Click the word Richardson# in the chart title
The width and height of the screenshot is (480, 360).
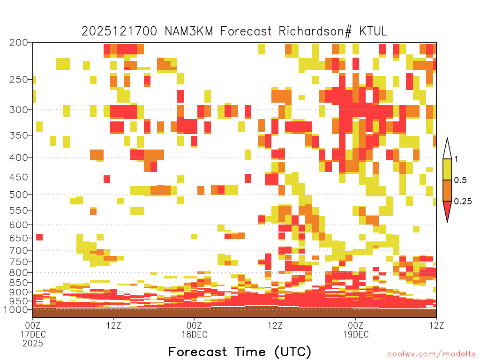pyautogui.click(x=315, y=31)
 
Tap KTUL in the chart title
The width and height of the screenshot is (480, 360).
pyautogui.click(x=373, y=31)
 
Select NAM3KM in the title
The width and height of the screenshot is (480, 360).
pyautogui.click(x=189, y=31)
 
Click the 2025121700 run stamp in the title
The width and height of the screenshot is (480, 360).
pyautogui.click(x=120, y=31)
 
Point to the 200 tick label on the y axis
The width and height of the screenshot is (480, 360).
pyautogui.click(x=18, y=43)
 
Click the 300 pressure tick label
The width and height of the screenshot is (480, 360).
pyautogui.click(x=18, y=110)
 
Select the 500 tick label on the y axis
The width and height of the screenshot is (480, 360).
pyautogui.click(x=18, y=195)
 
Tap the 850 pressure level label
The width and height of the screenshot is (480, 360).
pyautogui.click(x=18, y=283)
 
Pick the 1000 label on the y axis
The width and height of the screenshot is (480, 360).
pyautogui.click(x=16, y=309)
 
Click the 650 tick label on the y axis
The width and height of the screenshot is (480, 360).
pyautogui.click(x=18, y=238)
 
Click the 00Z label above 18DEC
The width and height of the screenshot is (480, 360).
pyautogui.click(x=194, y=325)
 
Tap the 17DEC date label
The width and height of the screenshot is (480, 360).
pyautogui.click(x=33, y=334)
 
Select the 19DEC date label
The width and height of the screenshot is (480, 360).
pyautogui.click(x=356, y=334)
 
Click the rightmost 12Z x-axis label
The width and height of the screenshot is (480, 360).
pyautogui.click(x=436, y=325)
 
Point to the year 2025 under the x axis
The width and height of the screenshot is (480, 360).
pyautogui.click(x=33, y=344)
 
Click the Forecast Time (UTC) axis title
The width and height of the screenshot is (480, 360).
pyautogui.click(x=240, y=352)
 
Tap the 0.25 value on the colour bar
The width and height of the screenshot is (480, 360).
pyautogui.click(x=463, y=201)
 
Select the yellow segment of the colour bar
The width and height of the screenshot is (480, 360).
pyautogui.click(x=447, y=169)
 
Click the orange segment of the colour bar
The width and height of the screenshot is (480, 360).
pyautogui.click(x=447, y=190)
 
